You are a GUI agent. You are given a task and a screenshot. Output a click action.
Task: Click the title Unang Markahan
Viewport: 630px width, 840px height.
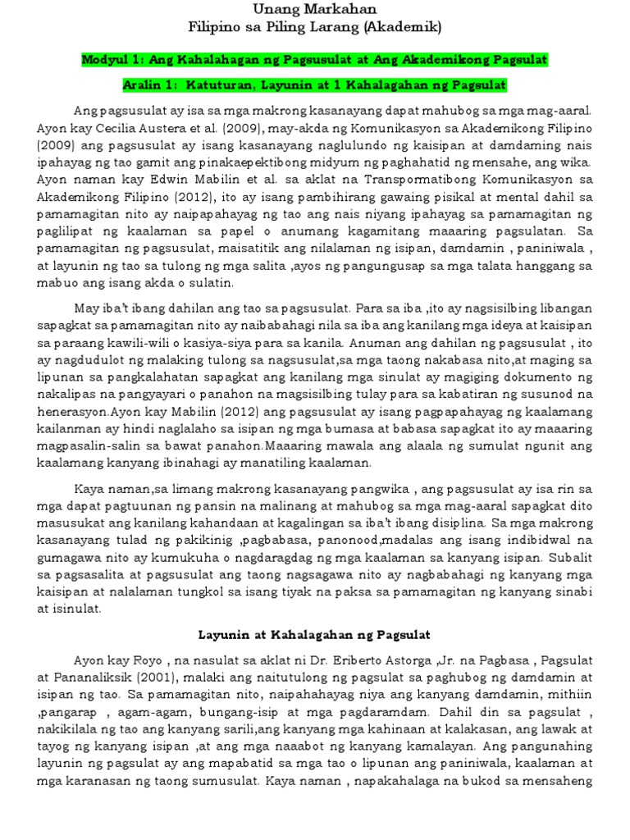click(x=314, y=9)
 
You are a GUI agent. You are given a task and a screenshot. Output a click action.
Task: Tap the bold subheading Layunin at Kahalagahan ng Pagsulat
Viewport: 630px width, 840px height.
click(x=316, y=635)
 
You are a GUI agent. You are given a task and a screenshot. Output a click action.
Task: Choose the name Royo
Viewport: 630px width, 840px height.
click(x=150, y=660)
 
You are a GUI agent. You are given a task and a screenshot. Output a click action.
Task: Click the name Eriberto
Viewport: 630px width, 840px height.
click(x=385, y=660)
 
